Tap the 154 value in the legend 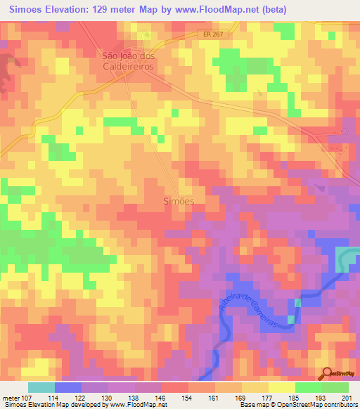pos(188,398)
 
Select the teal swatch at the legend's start pos(41,387)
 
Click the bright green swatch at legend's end pos(335,387)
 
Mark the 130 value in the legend pos(108,398)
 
